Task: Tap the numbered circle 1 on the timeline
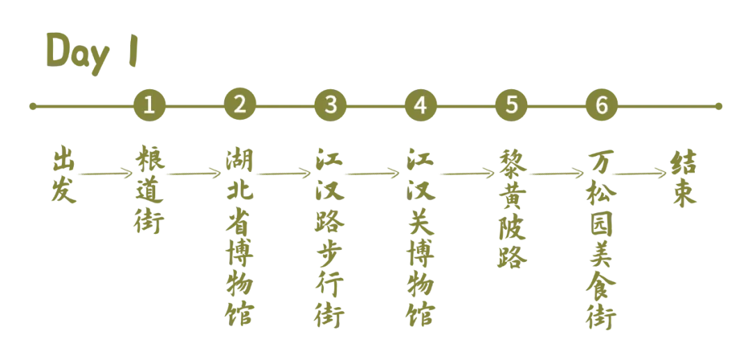click(150, 105)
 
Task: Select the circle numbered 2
click(240, 105)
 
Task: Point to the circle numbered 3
click(331, 105)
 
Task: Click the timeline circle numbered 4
click(420, 105)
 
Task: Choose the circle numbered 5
click(512, 105)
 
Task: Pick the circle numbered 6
click(602, 105)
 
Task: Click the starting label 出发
click(63, 175)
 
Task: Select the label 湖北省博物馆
click(240, 237)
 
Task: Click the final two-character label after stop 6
click(684, 180)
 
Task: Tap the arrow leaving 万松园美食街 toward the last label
click(639, 172)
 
